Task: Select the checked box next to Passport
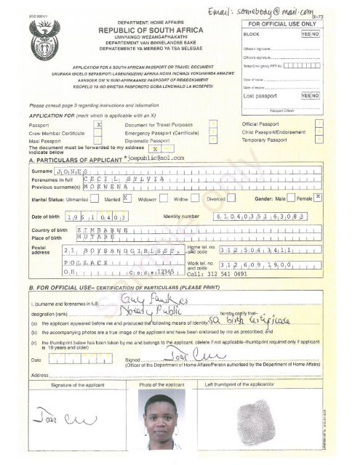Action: click(98, 125)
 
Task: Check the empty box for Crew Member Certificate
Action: click(98, 133)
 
